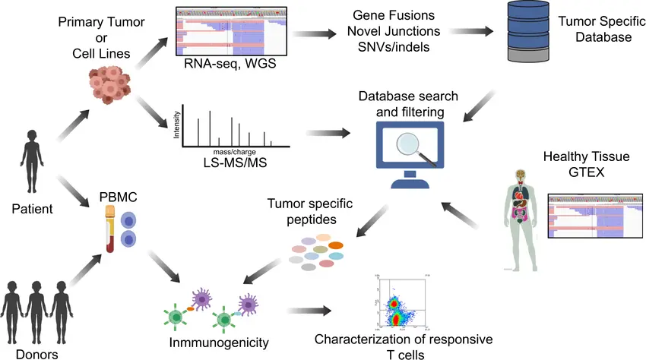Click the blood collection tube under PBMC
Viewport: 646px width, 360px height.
[x=110, y=229]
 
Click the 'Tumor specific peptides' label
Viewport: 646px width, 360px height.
[x=302, y=212]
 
